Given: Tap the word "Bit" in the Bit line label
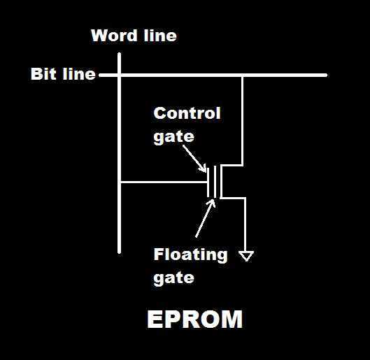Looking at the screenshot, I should tap(43, 74).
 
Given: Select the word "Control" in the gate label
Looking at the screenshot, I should tap(187, 113).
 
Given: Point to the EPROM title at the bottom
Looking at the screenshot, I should tap(194, 319).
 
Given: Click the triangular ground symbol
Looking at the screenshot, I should tap(246, 256).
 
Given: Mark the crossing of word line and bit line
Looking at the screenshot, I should tap(120, 74).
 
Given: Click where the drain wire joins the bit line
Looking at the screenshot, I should tap(242, 74).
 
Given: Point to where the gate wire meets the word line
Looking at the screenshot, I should tap(120, 182).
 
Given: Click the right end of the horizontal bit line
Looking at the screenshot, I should tap(325, 74).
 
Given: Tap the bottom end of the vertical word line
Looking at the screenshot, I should tap(120, 251).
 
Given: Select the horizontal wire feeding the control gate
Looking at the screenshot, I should tap(164, 182).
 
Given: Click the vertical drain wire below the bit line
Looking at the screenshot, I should tap(242, 119).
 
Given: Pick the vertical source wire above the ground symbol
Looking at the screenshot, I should tap(246, 224).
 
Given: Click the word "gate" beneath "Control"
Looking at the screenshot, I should tap(173, 136).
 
